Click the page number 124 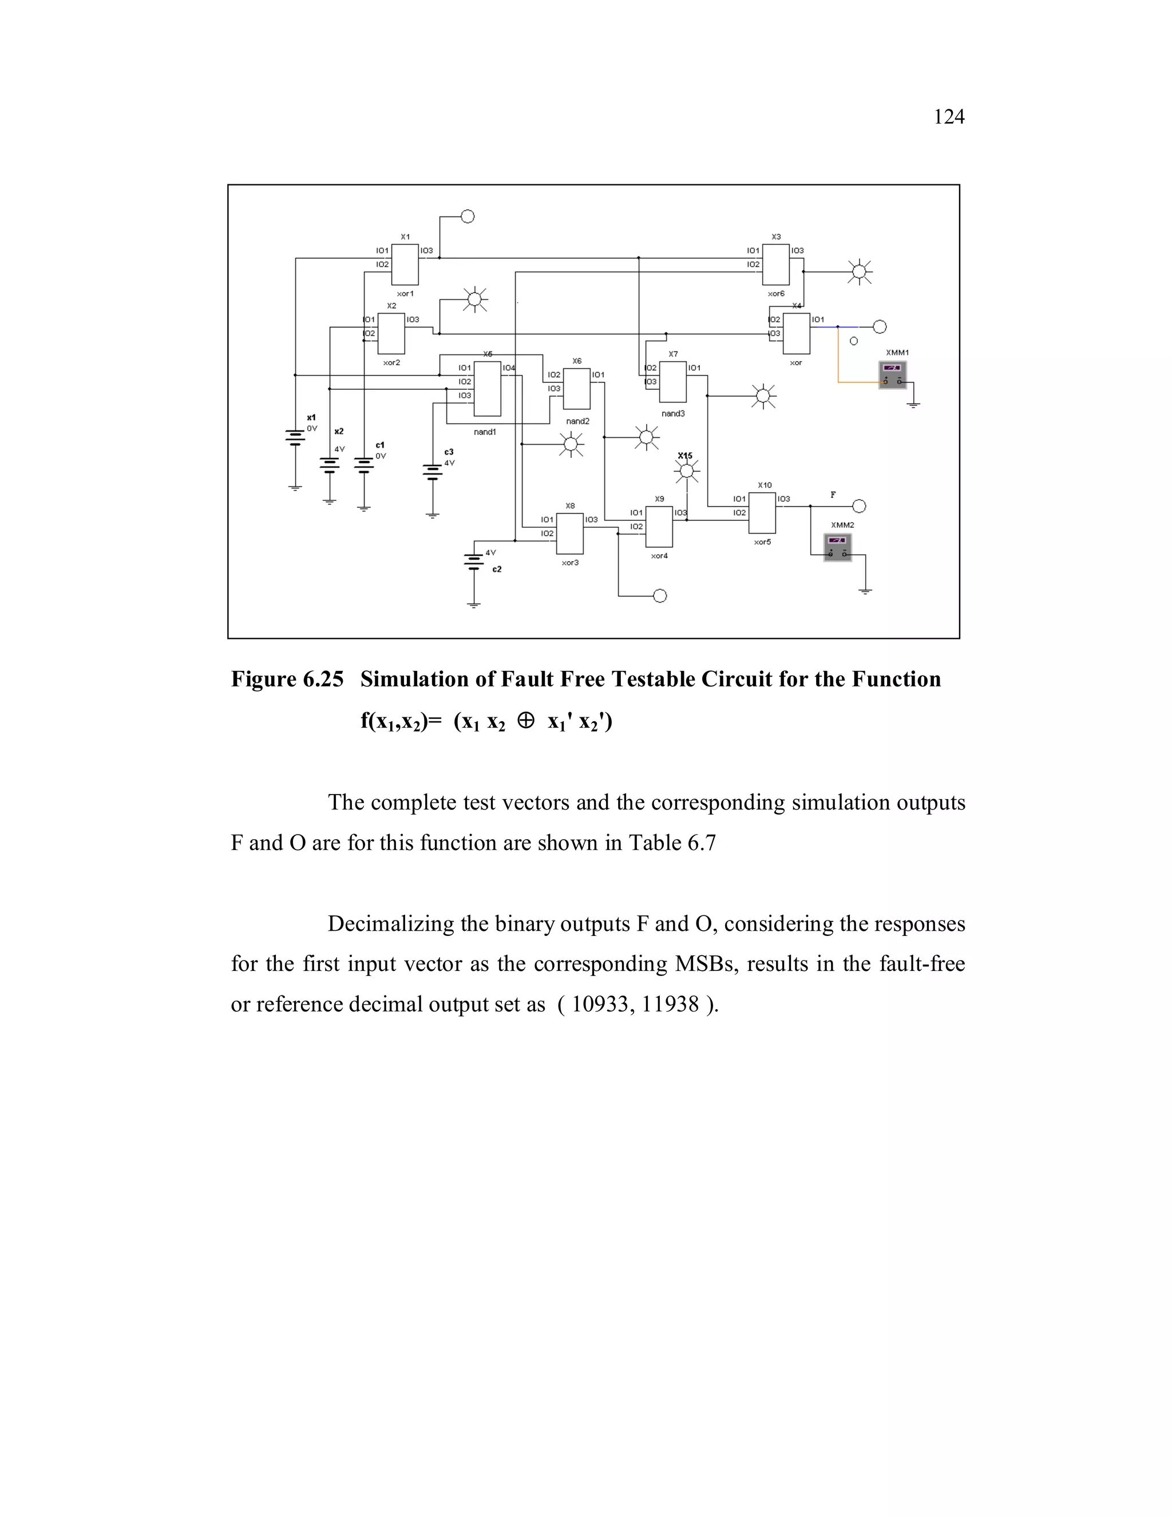(948, 117)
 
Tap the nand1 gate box (488, 388)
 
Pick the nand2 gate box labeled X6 (576, 388)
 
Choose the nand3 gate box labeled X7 (672, 381)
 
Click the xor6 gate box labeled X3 (775, 264)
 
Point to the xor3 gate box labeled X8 (570, 534)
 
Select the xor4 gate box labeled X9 (659, 527)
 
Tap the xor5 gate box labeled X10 (762, 512)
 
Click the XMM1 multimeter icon (893, 374)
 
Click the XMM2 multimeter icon (838, 547)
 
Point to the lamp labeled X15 (686, 472)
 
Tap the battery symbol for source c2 (473, 561)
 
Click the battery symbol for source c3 (432, 472)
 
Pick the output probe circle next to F (859, 505)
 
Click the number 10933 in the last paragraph (595, 1005)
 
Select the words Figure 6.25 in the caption (287, 680)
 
